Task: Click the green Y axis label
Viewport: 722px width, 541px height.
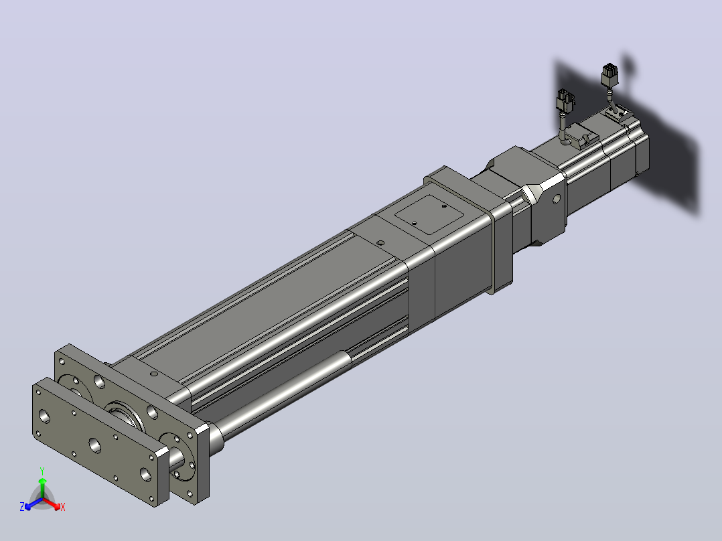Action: pyautogui.click(x=42, y=471)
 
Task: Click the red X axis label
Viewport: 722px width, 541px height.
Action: pyautogui.click(x=63, y=507)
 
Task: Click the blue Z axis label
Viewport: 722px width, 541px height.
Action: pyautogui.click(x=22, y=506)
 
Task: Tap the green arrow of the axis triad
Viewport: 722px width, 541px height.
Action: pyautogui.click(x=42, y=487)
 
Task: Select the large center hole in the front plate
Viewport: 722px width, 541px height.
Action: pyautogui.click(x=95, y=445)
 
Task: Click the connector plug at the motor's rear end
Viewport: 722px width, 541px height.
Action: pyautogui.click(x=610, y=75)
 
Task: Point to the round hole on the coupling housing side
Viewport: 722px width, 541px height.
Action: pyautogui.click(x=556, y=199)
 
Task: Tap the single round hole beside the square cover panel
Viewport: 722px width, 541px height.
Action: pyautogui.click(x=380, y=242)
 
